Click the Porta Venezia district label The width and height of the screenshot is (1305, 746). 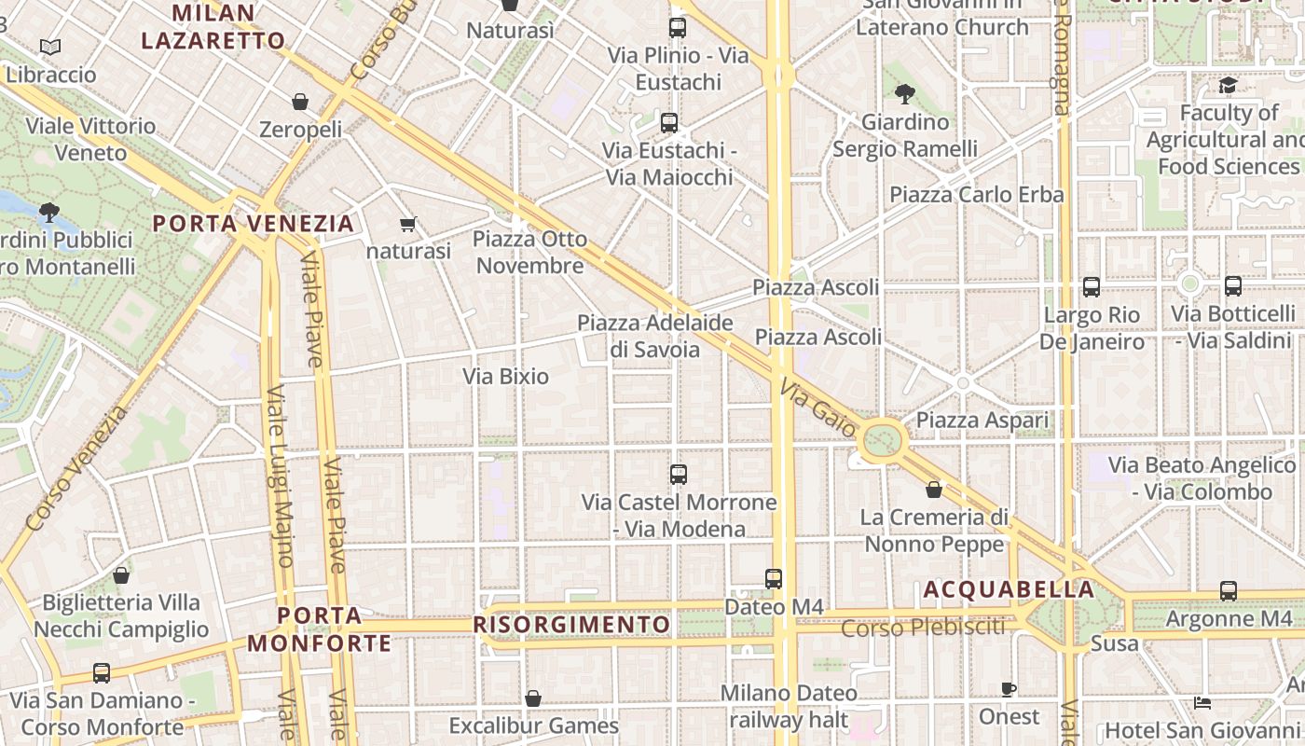click(254, 224)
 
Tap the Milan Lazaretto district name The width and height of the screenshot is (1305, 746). click(213, 27)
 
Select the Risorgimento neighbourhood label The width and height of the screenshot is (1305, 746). click(571, 625)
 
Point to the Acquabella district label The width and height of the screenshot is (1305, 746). click(1009, 590)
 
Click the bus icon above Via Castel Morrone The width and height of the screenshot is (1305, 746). click(679, 475)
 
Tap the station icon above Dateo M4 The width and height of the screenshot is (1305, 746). click(774, 579)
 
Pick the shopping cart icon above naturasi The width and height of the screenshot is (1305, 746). click(407, 224)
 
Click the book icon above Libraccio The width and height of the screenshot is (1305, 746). click(50, 47)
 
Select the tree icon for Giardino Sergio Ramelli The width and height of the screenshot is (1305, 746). click(904, 93)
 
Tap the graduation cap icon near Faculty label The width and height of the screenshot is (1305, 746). click(1228, 86)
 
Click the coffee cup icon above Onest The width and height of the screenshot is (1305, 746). click(1009, 689)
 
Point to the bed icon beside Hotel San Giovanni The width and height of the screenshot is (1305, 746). click(1202, 702)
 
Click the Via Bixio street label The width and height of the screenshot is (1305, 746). click(506, 377)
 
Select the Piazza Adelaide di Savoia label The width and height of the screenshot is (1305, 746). click(655, 336)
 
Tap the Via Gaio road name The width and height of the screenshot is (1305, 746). click(817, 408)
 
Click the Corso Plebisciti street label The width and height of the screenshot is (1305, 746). click(923, 628)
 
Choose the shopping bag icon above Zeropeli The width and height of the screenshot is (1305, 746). click(300, 102)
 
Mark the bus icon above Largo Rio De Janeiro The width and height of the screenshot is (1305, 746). click(1092, 287)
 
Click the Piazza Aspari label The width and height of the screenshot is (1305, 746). click(982, 421)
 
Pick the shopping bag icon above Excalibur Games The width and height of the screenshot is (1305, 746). click(533, 698)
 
